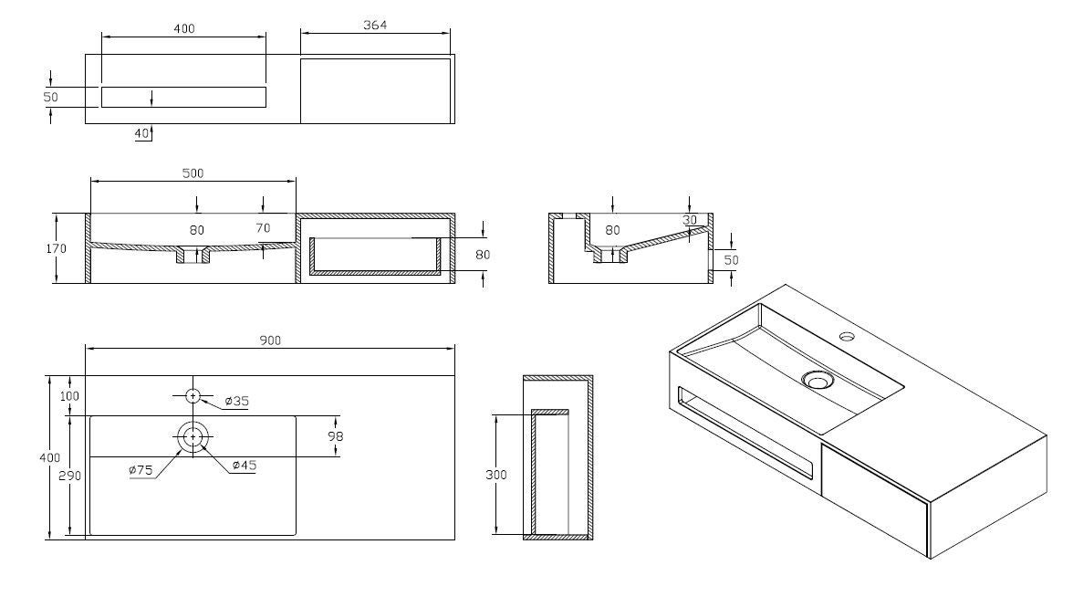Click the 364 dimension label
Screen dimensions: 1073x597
click(x=375, y=25)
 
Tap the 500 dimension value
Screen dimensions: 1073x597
click(x=193, y=173)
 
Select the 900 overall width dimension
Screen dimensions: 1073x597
click(x=270, y=340)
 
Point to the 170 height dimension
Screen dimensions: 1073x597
click(x=57, y=248)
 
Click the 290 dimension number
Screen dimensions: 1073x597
click(x=69, y=476)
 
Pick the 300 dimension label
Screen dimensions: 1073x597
click(x=496, y=475)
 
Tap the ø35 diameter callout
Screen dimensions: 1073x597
click(x=237, y=402)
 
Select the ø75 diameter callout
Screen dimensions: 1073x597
click(x=141, y=470)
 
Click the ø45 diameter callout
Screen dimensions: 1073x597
click(x=245, y=466)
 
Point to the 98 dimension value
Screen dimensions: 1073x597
click(x=335, y=436)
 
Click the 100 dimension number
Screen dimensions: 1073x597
click(x=69, y=396)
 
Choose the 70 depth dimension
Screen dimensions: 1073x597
click(x=263, y=228)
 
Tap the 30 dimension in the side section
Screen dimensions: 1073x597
click(x=690, y=220)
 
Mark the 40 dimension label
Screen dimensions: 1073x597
click(x=141, y=133)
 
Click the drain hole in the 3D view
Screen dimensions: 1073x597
click(x=817, y=380)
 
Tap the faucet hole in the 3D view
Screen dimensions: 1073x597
click(x=848, y=336)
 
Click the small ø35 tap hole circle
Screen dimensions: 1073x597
click(x=193, y=396)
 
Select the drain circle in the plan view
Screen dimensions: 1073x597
click(x=193, y=436)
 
